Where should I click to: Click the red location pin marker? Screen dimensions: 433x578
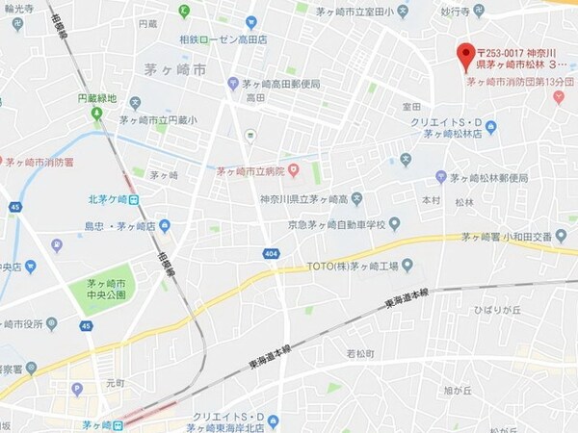466,52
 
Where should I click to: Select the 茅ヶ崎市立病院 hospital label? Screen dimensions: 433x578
250,171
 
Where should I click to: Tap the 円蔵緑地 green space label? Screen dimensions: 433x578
96,99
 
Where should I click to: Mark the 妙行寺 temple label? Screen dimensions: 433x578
454,12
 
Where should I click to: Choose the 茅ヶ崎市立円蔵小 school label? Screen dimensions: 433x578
158,120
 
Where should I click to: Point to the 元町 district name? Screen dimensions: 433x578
117,382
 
